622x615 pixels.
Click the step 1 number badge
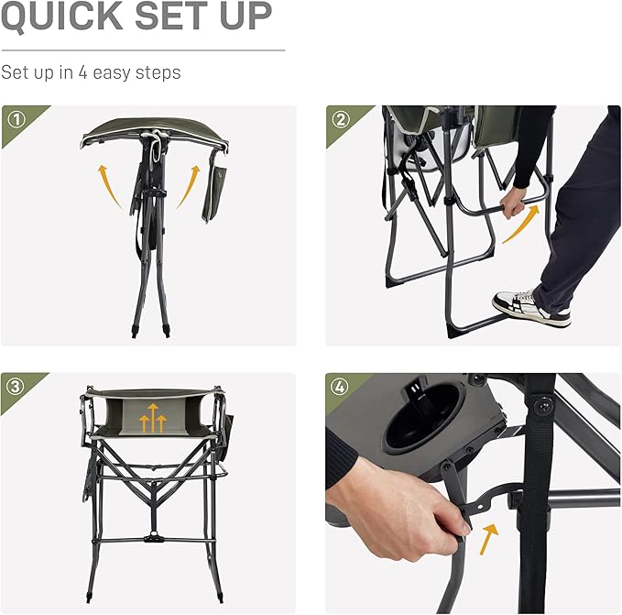click(x=15, y=119)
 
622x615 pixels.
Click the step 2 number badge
click(x=341, y=119)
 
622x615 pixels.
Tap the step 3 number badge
click(x=15, y=386)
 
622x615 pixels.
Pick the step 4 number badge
click(x=341, y=386)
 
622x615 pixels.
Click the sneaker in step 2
click(x=530, y=308)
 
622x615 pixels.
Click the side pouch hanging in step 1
click(x=213, y=191)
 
